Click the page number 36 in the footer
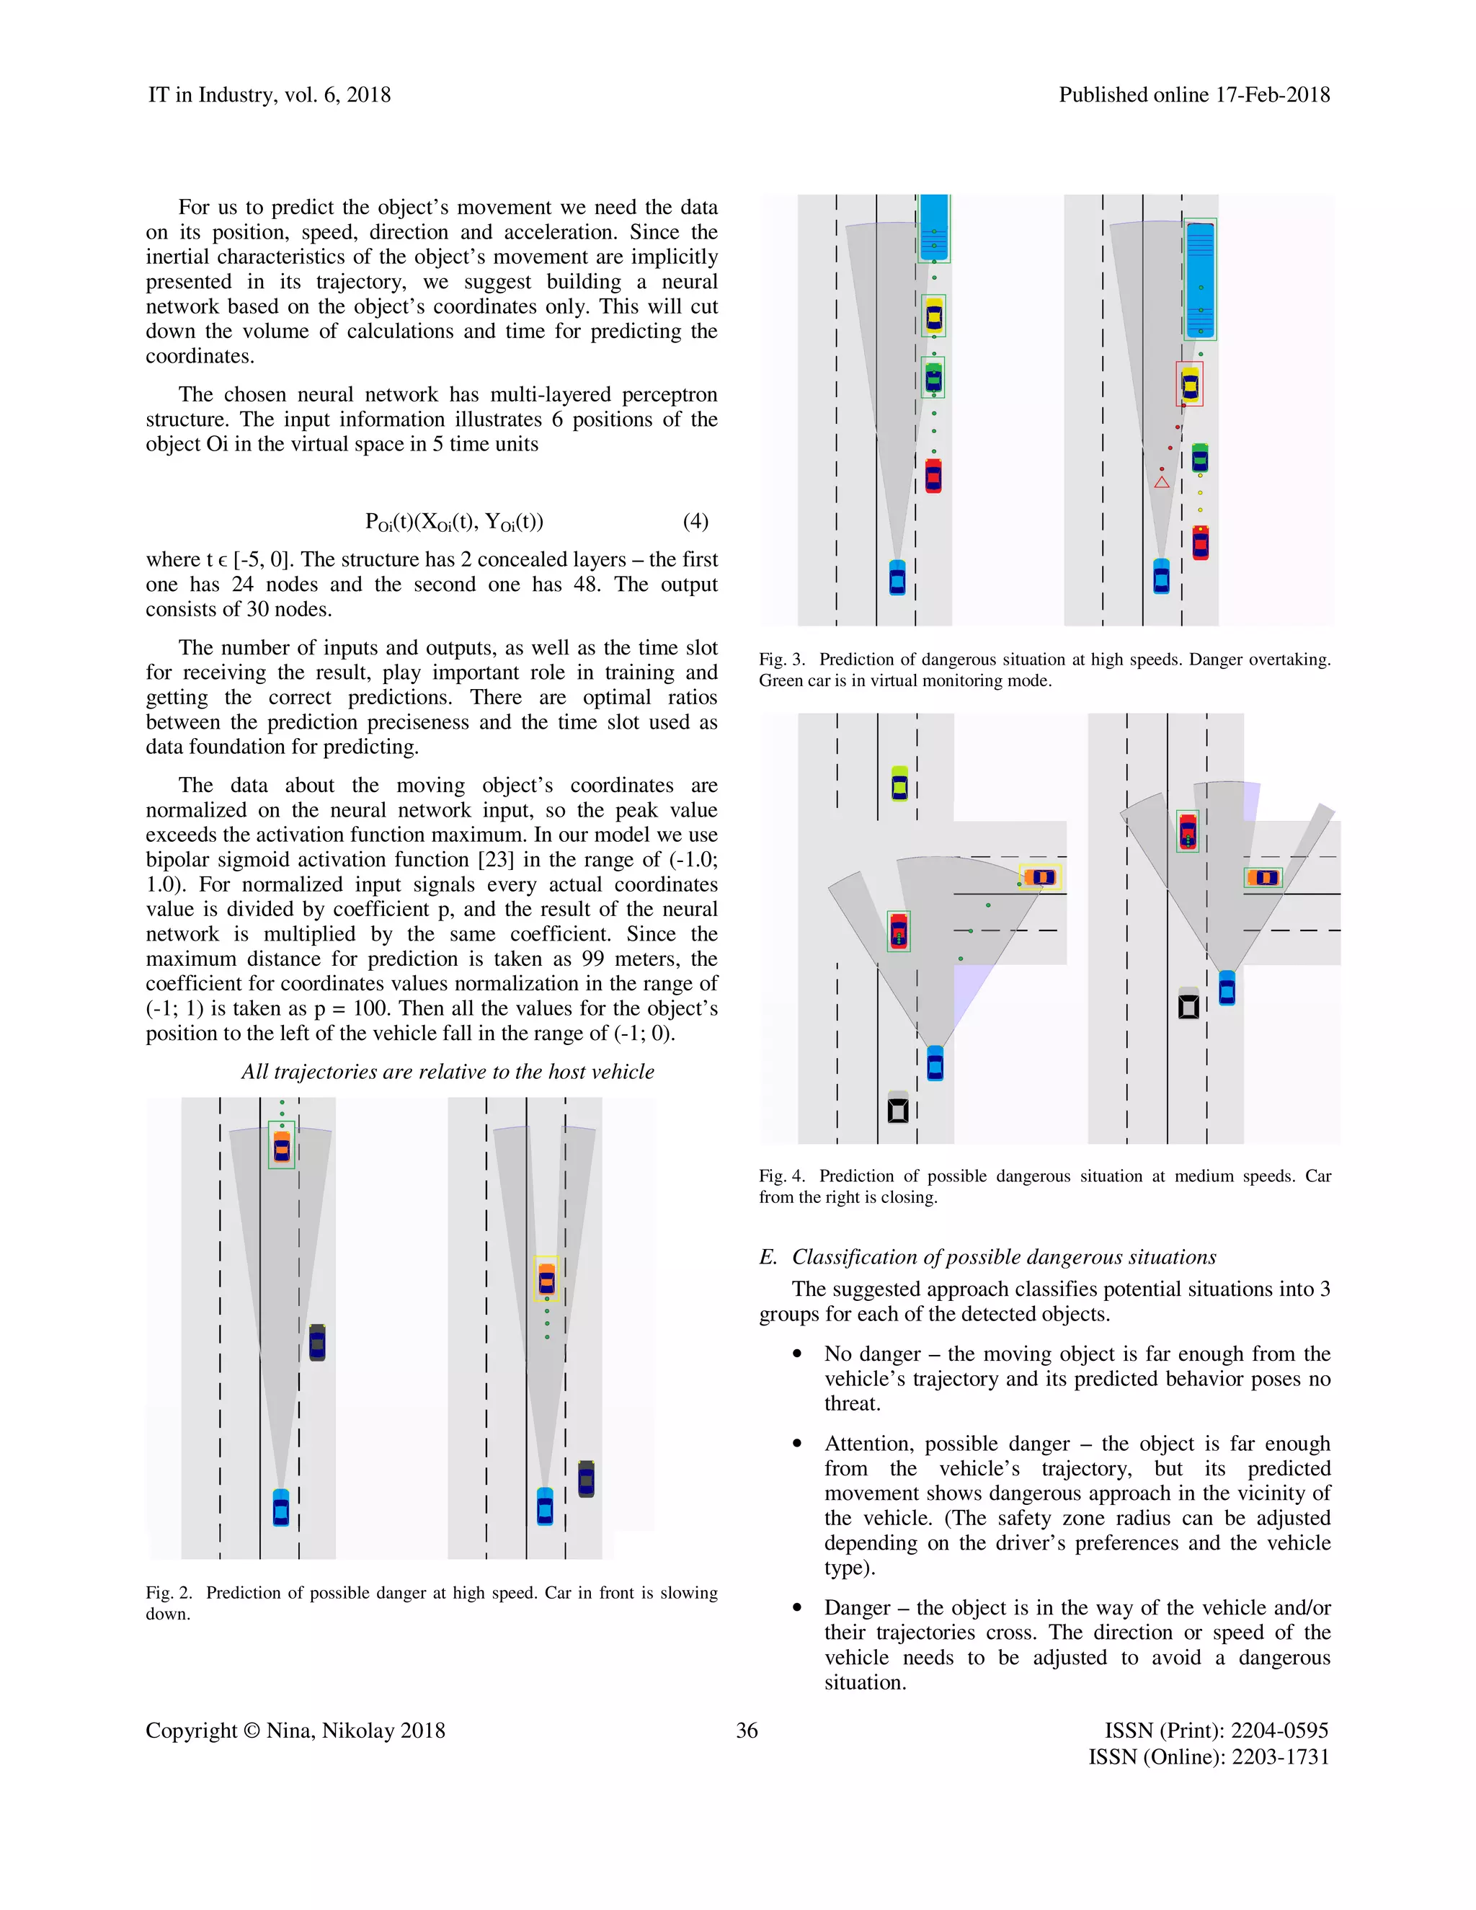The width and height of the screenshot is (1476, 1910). coord(746,1730)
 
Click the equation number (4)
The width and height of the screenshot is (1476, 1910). coord(695,521)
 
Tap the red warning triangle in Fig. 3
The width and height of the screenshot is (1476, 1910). coord(1161,482)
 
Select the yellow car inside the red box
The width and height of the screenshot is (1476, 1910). coord(1189,384)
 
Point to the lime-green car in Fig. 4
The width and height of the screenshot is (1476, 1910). coord(899,783)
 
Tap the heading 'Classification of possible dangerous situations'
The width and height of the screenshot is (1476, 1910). coord(1003,1257)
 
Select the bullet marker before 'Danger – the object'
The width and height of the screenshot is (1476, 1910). coord(796,1608)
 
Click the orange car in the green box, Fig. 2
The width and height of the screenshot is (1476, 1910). coord(282,1146)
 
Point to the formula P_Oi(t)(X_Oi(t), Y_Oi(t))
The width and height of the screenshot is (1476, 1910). coord(454,522)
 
